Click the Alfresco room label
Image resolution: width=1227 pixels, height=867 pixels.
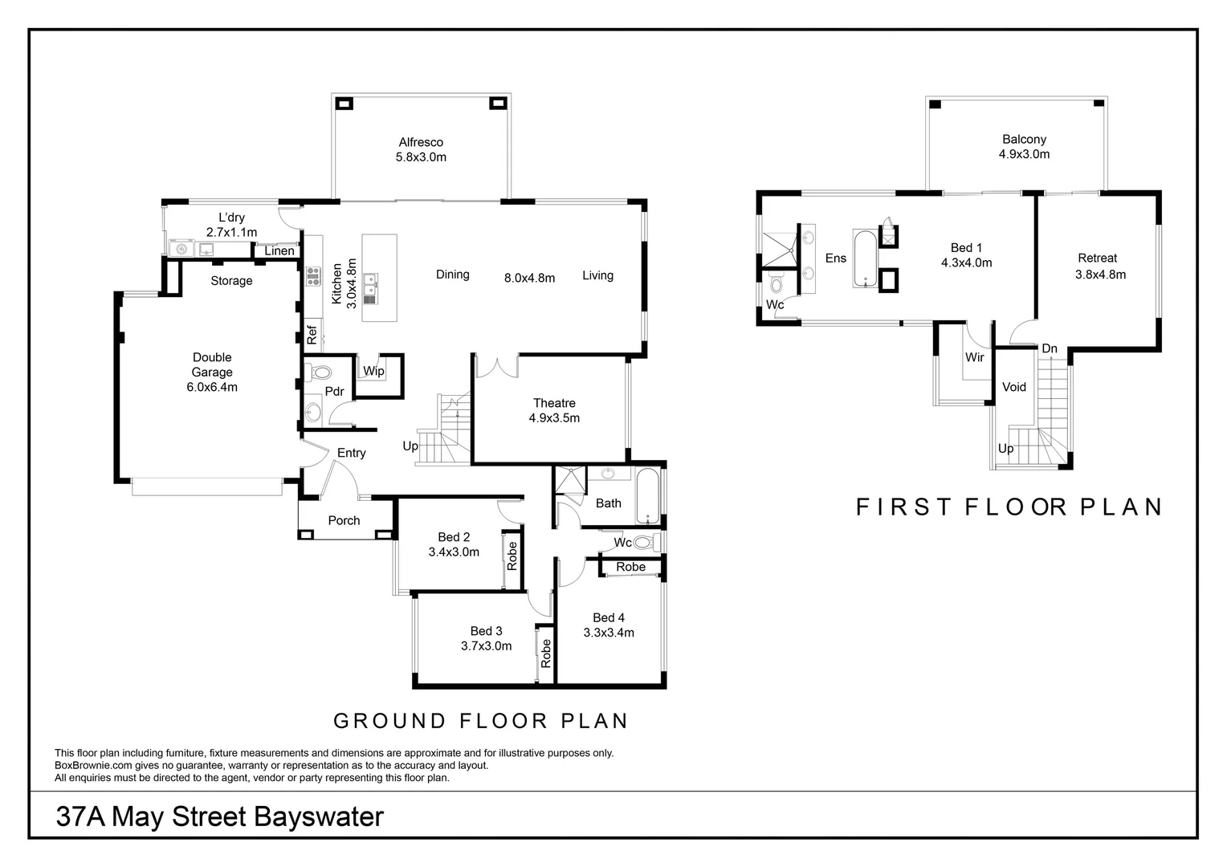pyautogui.click(x=421, y=142)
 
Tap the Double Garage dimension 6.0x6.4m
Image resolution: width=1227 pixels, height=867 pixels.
pyautogui.click(x=212, y=387)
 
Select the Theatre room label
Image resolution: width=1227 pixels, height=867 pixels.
pyautogui.click(x=554, y=403)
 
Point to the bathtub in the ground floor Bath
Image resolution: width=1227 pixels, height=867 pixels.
pyautogui.click(x=647, y=497)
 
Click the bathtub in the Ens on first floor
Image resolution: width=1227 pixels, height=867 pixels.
pyautogui.click(x=865, y=258)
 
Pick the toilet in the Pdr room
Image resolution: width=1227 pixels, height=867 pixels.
pyautogui.click(x=321, y=372)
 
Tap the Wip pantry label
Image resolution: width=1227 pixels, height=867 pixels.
pyautogui.click(x=373, y=371)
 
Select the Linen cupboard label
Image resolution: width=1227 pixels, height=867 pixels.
pyautogui.click(x=279, y=251)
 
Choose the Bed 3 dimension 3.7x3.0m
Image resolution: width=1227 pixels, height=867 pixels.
pyautogui.click(x=486, y=645)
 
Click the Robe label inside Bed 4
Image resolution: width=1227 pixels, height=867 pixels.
pyautogui.click(x=630, y=567)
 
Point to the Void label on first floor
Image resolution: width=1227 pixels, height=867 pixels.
pyautogui.click(x=1014, y=387)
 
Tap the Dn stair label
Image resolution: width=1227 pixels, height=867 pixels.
pyautogui.click(x=1050, y=348)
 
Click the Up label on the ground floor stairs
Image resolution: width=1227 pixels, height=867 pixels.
pyautogui.click(x=410, y=446)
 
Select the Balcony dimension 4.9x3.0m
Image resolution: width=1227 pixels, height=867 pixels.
pyautogui.click(x=1024, y=154)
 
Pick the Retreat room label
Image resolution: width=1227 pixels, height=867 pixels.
pyautogui.click(x=1098, y=258)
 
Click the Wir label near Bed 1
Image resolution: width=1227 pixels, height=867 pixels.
pyautogui.click(x=975, y=357)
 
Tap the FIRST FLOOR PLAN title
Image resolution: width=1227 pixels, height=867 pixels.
pyautogui.click(x=1009, y=507)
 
